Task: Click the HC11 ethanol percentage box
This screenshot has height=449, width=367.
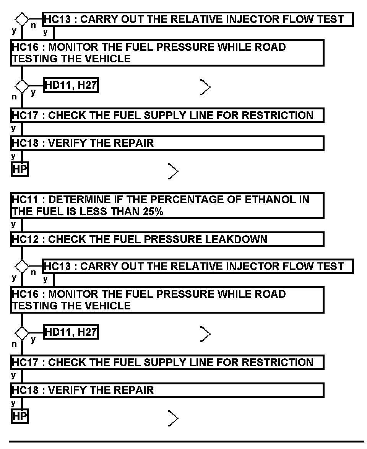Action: tap(167, 206)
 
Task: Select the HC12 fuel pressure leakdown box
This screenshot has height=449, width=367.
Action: tap(167, 239)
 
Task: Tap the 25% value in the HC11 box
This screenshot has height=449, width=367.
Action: tap(151, 212)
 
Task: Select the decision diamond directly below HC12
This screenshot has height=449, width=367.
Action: tap(22, 265)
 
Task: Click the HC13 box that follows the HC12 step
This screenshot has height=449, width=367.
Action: tap(198, 266)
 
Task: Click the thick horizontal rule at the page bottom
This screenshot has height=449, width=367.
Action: tap(187, 442)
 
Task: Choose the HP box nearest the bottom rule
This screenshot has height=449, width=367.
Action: tap(20, 416)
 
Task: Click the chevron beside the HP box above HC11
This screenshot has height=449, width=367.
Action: tap(173, 171)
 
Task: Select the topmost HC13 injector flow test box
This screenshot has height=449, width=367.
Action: tap(198, 19)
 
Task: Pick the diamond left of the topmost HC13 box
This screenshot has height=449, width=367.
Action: tap(22, 18)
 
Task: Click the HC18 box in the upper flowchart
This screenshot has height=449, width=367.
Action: tap(167, 143)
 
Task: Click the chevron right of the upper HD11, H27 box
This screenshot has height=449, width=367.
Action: tap(205, 88)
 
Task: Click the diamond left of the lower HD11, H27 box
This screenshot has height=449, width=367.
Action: tap(22, 333)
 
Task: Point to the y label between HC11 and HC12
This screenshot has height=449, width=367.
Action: tap(14, 223)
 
